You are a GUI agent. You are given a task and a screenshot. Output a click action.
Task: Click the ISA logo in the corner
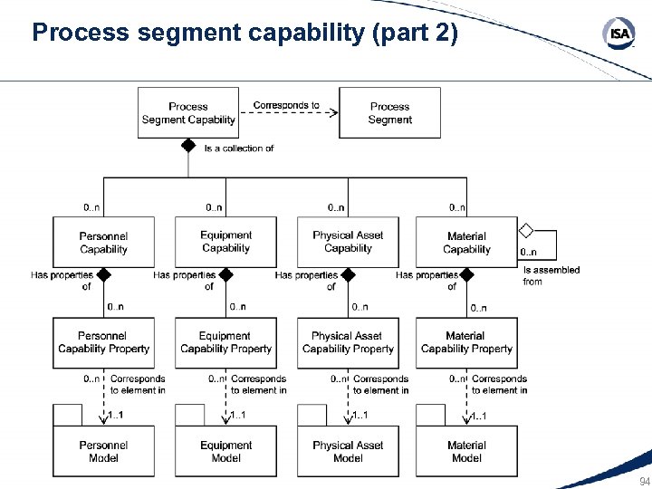618,34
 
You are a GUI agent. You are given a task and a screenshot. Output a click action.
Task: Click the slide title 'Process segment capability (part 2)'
245,34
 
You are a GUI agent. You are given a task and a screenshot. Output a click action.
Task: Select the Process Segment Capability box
188,113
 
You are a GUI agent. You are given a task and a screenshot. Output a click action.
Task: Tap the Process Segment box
389,113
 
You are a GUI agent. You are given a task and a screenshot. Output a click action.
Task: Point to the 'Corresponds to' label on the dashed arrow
286,105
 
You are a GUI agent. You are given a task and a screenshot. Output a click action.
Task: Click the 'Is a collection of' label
239,148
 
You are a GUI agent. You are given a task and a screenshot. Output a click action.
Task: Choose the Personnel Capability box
103,243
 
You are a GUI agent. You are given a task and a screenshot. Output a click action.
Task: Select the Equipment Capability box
225,243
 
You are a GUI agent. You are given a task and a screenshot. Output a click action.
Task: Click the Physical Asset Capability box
348,243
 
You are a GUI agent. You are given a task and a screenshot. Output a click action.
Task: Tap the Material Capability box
466,243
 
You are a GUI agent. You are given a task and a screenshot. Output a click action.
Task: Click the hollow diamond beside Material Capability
526,231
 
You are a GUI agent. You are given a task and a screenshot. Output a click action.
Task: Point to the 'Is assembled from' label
551,275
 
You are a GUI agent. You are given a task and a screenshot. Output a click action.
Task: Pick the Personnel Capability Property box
103,342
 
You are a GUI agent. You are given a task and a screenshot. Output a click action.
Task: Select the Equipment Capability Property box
225,342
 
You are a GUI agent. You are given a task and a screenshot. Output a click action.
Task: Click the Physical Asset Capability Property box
348,342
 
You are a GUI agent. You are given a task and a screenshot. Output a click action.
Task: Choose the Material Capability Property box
466,342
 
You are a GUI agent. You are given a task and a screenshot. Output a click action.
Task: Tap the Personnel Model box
103,451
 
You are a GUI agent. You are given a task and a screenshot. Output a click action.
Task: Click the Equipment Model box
225,451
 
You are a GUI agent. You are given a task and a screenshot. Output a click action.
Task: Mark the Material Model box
466,451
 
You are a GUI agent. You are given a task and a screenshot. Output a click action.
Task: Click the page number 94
644,481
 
